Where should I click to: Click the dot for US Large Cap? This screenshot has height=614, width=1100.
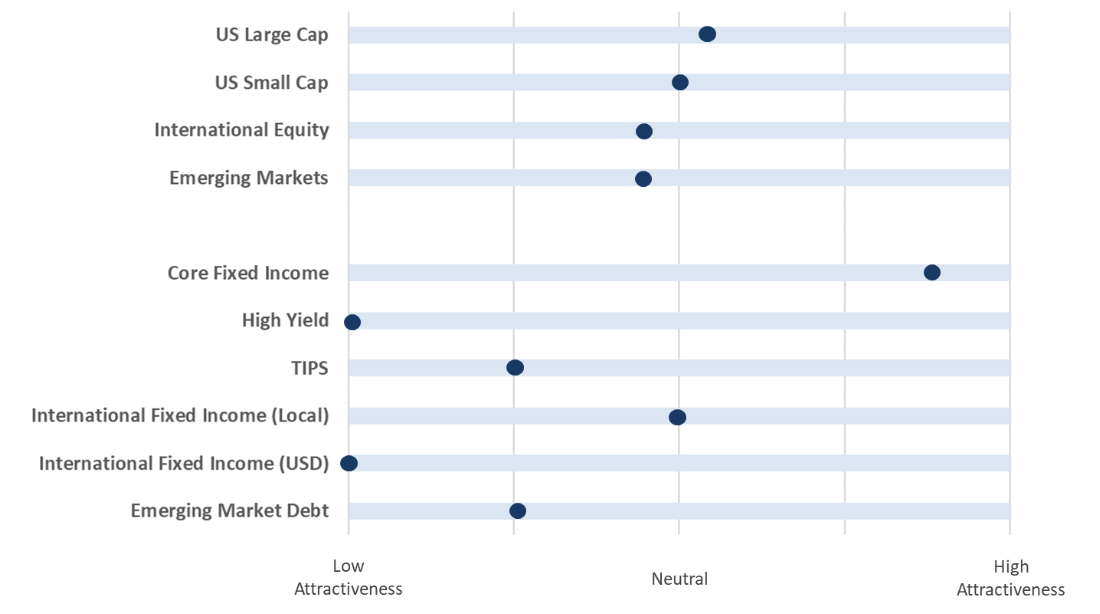tap(707, 34)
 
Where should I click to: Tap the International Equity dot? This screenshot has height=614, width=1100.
tap(644, 131)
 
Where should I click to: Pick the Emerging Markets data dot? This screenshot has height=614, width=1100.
tap(643, 179)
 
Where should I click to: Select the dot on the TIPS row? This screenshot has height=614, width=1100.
tap(515, 367)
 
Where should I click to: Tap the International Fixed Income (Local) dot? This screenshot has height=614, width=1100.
tap(677, 417)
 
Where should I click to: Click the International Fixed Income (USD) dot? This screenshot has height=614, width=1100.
tap(349, 463)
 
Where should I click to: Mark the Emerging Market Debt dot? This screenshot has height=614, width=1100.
tap(517, 511)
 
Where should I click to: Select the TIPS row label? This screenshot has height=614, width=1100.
tap(310, 368)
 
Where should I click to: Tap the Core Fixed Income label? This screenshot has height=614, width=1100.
tap(248, 273)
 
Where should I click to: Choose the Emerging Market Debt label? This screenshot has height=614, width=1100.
tap(230, 511)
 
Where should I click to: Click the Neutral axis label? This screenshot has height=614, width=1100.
tap(679, 579)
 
